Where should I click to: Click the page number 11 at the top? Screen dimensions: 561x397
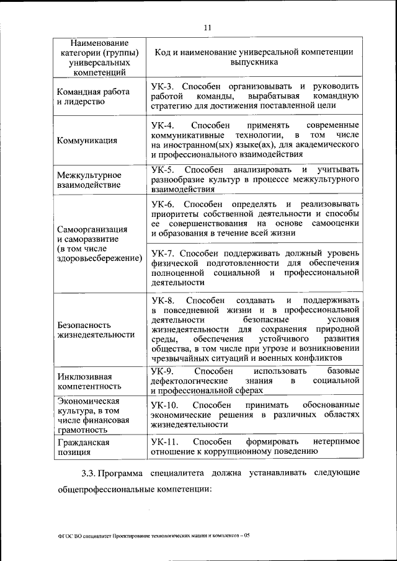coord(207,27)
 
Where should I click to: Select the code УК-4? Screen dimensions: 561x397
coord(163,125)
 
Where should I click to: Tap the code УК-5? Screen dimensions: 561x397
coord(163,170)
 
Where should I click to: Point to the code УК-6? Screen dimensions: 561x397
coord(163,205)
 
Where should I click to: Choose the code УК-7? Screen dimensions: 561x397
coord(163,254)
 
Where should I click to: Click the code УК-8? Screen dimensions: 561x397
coord(163,300)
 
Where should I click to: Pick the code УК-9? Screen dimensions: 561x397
coord(163,371)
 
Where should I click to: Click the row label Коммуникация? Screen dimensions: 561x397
coord(87,140)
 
